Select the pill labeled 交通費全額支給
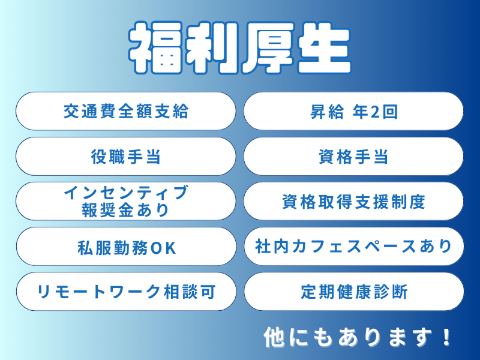125,111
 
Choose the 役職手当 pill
125,157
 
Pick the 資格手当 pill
353,157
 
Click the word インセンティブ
125,193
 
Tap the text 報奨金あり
125,209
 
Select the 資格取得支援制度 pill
353,202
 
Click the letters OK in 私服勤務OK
163,247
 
